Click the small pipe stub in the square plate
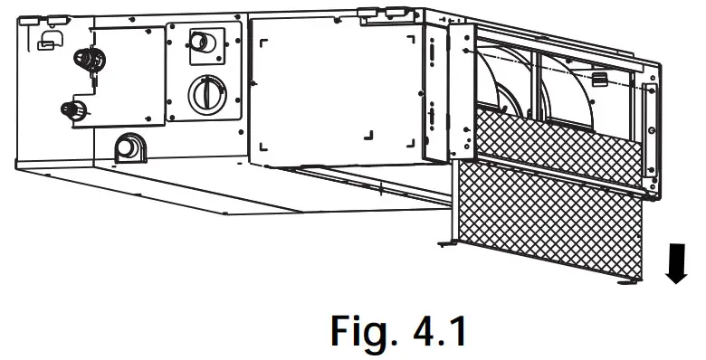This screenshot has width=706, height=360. [x=204, y=43]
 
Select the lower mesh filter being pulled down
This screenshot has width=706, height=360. [x=552, y=222]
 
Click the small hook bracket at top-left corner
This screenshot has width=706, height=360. [x=44, y=39]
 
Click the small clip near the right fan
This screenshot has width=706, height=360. [x=598, y=80]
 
